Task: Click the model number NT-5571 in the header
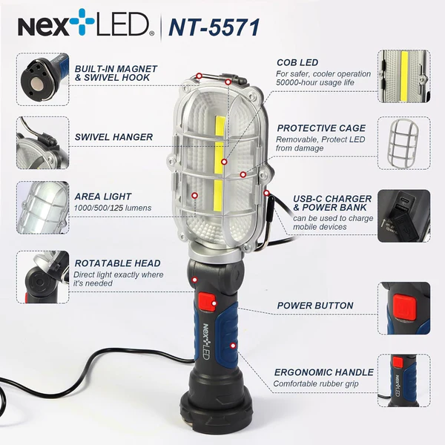214,27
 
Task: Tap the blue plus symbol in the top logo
82,22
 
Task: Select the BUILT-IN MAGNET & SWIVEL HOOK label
116,73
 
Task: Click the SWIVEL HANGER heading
113,137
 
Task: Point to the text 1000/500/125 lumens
113,208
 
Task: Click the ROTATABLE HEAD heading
117,263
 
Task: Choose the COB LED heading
297,62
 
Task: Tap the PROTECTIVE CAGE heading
321,128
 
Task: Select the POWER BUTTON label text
315,306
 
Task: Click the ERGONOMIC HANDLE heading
324,372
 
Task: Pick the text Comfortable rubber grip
316,383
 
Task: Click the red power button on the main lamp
207,301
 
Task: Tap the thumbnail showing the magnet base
42,79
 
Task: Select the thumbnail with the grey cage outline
404,143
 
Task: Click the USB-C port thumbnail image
404,216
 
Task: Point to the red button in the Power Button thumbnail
404,307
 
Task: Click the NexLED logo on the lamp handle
206,341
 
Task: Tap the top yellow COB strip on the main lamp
220,125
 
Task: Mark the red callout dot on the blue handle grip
233,346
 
